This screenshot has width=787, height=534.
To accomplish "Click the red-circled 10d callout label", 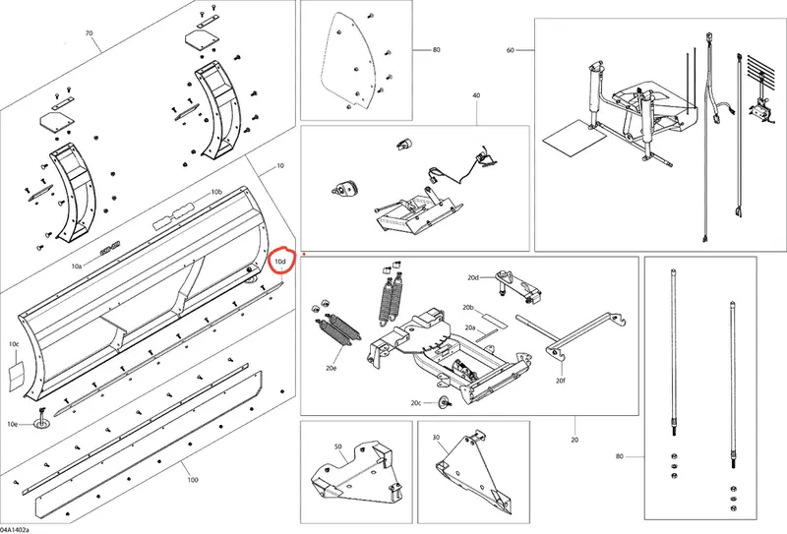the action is point(280,262).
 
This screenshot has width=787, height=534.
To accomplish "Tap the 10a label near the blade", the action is point(77,266).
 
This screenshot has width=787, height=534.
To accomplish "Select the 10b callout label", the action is point(216,192).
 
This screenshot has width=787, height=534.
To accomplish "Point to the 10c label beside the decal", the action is point(14,344).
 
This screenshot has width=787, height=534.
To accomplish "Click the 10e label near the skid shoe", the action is point(13,424).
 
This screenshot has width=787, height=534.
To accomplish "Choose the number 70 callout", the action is point(89,33).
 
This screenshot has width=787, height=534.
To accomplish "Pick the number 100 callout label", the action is point(193,480).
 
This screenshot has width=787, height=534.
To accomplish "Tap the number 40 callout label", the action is point(476,94).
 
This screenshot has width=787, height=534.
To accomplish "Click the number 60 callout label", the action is point(511,50).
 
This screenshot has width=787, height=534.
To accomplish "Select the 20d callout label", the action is point(473,277).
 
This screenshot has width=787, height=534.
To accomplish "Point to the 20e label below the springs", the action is point(331,368).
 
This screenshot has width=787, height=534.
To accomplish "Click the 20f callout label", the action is point(561,381).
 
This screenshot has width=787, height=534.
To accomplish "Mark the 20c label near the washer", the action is point(415,403).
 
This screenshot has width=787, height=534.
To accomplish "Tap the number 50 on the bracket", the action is point(337,446).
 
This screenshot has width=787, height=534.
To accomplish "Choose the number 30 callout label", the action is point(436,438).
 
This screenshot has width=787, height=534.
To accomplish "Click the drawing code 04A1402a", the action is point(15,530).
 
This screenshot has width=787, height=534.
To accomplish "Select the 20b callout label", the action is point(468,307).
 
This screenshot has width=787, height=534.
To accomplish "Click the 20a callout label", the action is point(470,327).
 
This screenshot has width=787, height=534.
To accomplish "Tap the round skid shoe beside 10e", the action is point(41,424).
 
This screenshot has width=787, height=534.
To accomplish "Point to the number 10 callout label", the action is point(280,165).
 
